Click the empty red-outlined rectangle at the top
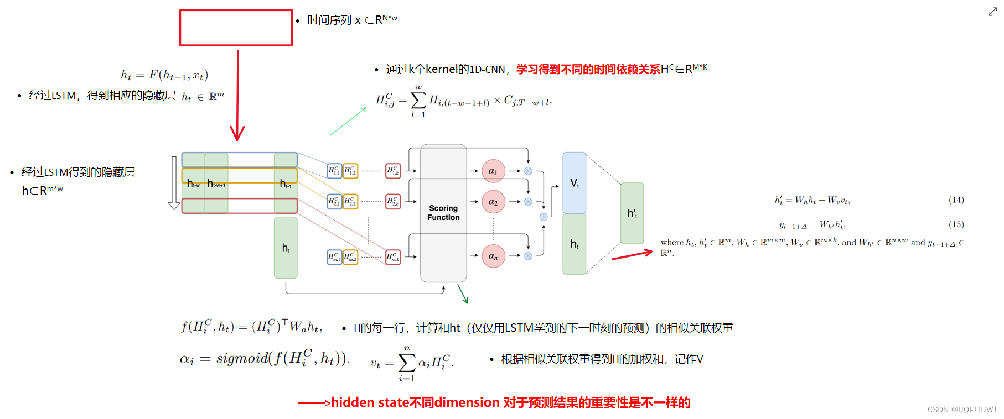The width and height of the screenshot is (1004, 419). [x=236, y=28]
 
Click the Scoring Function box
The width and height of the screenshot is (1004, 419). [x=443, y=213]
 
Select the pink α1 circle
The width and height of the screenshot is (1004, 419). [x=493, y=171]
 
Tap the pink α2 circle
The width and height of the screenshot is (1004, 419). [x=493, y=202]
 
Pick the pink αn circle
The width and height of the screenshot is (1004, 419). [x=493, y=256]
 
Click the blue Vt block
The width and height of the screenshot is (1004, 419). [x=574, y=183]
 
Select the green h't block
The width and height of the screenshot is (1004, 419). [x=632, y=213]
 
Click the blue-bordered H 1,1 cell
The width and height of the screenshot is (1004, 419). [x=334, y=171]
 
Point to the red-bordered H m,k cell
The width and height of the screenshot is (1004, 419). [x=393, y=256]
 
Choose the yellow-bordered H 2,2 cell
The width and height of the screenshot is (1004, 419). [x=350, y=202]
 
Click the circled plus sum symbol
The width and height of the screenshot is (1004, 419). [x=544, y=217]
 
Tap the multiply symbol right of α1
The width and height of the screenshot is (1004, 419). [x=528, y=171]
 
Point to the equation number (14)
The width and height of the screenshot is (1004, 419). [x=956, y=200]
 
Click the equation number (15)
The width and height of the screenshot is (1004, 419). [x=956, y=224]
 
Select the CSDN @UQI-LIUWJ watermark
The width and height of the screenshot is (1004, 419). [x=961, y=410]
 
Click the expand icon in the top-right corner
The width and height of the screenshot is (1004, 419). [x=992, y=12]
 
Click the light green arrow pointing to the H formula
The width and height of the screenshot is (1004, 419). [x=348, y=121]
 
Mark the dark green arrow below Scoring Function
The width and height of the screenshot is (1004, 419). [x=463, y=294]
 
